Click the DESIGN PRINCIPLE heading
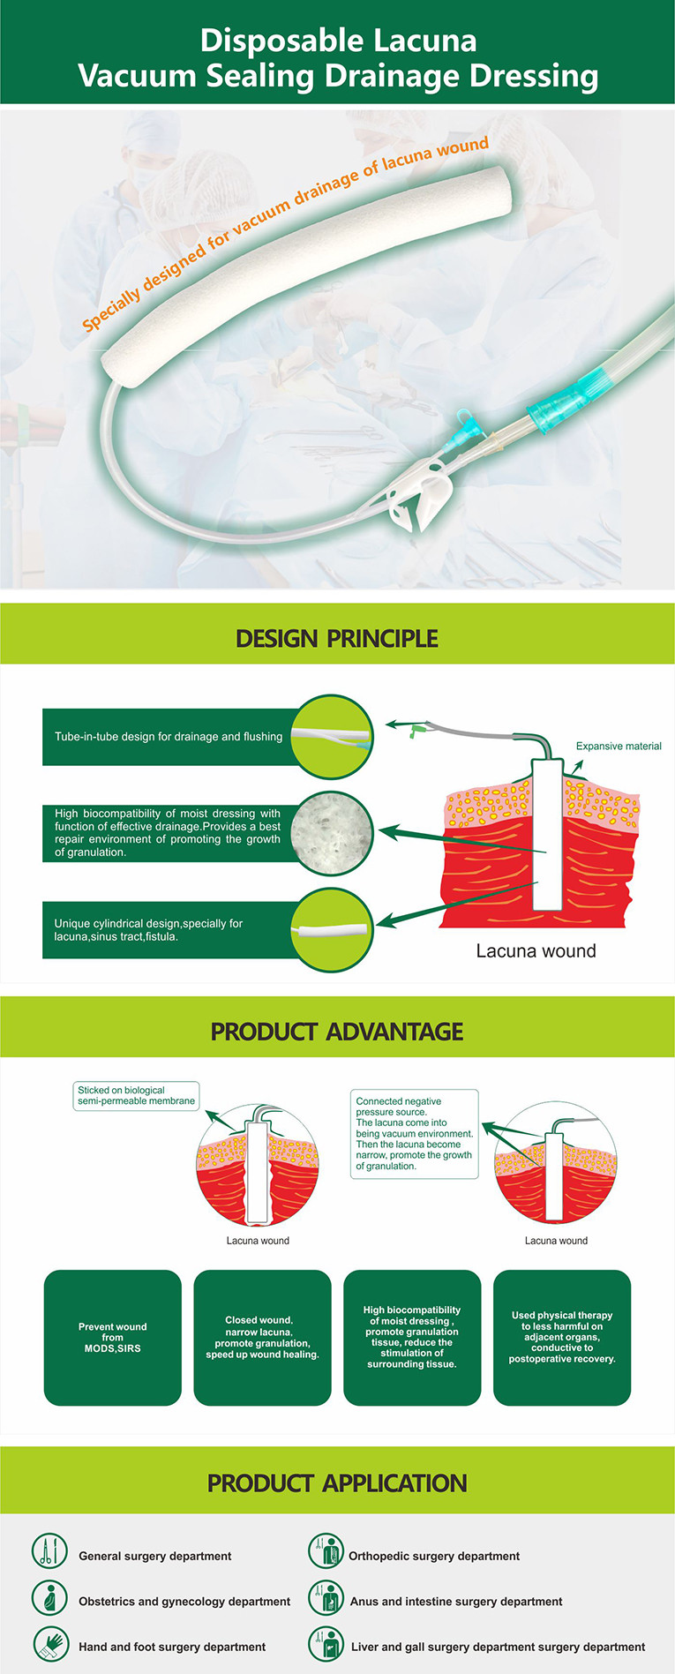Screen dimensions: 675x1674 337,638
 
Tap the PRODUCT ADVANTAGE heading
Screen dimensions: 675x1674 337,1031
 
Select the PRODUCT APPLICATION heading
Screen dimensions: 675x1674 337,1483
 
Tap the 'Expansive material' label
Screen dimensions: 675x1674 619,746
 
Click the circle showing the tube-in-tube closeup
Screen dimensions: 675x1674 332,737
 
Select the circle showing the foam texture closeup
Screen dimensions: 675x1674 332,834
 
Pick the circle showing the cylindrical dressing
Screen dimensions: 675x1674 332,930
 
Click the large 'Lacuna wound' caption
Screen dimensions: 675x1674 536,950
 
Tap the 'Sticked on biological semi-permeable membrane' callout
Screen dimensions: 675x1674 136,1096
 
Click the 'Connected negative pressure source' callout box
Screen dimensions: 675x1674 415,1134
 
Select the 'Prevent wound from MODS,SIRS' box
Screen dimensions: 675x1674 112,1338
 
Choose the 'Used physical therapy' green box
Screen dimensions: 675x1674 562,1338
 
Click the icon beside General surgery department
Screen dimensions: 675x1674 49,1550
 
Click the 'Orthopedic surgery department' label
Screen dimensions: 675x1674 434,1556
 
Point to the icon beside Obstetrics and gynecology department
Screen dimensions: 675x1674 49,1597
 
